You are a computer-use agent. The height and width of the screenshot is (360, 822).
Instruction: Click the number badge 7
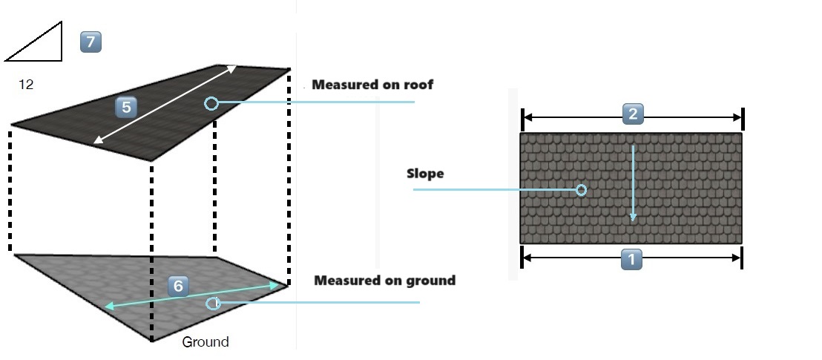click(91, 42)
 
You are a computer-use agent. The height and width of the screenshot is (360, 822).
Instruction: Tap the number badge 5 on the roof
click(126, 107)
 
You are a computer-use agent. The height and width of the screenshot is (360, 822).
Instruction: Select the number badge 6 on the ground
click(178, 286)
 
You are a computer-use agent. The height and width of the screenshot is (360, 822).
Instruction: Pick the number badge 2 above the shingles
click(631, 114)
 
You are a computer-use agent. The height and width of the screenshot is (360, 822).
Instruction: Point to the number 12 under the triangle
click(26, 85)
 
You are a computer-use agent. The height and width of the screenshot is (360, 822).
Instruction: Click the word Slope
click(425, 174)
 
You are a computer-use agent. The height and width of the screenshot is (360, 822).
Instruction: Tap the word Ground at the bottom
click(205, 342)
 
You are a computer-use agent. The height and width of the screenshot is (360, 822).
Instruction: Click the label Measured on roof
click(372, 85)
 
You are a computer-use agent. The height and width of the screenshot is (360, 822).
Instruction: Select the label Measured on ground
click(384, 281)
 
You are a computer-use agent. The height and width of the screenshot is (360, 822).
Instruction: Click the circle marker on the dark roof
click(211, 103)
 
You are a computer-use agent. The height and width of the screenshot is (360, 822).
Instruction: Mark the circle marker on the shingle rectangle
click(581, 190)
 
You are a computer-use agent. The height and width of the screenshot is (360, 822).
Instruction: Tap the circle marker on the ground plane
click(213, 303)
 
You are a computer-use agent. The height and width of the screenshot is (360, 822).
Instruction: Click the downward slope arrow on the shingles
click(633, 183)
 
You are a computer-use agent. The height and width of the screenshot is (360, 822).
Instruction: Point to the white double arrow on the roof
click(165, 105)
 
